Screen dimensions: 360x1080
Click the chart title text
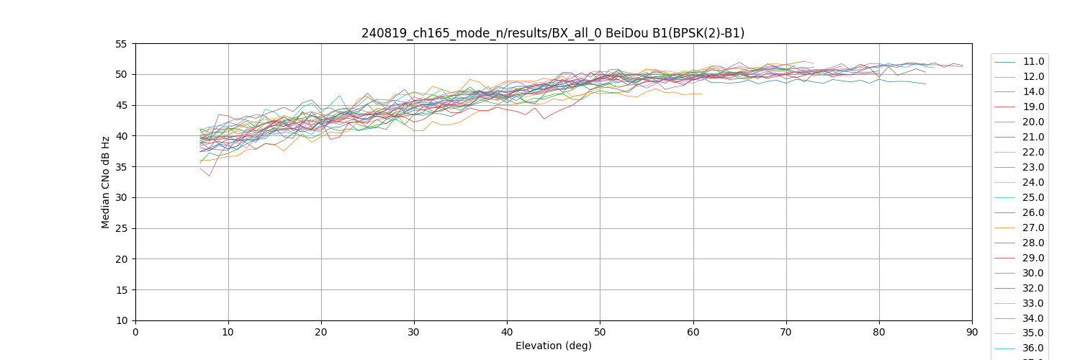[x=553, y=33]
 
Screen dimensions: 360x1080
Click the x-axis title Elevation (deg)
[x=553, y=346]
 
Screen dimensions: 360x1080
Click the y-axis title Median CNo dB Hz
[x=106, y=182]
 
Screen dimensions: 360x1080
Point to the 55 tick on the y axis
[x=121, y=44]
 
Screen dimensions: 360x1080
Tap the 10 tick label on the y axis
[x=121, y=320]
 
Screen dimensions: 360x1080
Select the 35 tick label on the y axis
[x=121, y=167]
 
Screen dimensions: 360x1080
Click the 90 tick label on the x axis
[x=971, y=333]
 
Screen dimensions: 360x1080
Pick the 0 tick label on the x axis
[x=135, y=333]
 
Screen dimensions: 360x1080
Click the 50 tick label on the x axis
[x=600, y=333]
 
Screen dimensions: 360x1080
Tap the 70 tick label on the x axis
[x=786, y=333]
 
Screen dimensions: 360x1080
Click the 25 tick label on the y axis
[x=121, y=228]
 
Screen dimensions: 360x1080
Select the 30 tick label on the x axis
[x=414, y=333]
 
